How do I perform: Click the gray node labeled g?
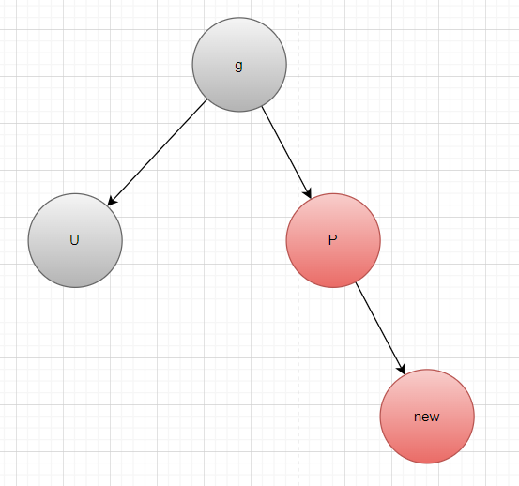pyautogui.click(x=239, y=65)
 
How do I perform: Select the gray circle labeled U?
pyautogui.click(x=75, y=240)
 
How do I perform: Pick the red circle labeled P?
pyautogui.click(x=333, y=240)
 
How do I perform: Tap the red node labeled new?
pyautogui.click(x=427, y=417)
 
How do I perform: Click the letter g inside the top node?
pyautogui.click(x=238, y=66)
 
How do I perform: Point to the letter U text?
pyautogui.click(x=74, y=239)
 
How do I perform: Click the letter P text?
pyautogui.click(x=332, y=239)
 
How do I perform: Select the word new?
pyautogui.click(x=427, y=417)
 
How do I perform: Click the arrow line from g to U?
pyautogui.click(x=158, y=152)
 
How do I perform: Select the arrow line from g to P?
pyautogui.click(x=286, y=153)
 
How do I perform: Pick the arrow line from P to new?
pyautogui.click(x=380, y=328)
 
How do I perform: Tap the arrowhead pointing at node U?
pyautogui.click(x=112, y=201)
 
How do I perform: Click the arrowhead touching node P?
pyautogui.click(x=308, y=193)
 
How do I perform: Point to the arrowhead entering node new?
pyautogui.click(x=403, y=370)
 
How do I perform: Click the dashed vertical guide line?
pyautogui.click(x=298, y=243)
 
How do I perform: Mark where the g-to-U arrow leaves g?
pyautogui.click(x=207, y=99)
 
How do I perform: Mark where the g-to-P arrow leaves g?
pyautogui.click(x=262, y=107)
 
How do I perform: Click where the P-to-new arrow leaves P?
pyautogui.click(x=356, y=282)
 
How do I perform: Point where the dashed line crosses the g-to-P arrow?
pyautogui.click(x=298, y=174)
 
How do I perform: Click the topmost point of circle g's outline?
pyautogui.click(x=239, y=18)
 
